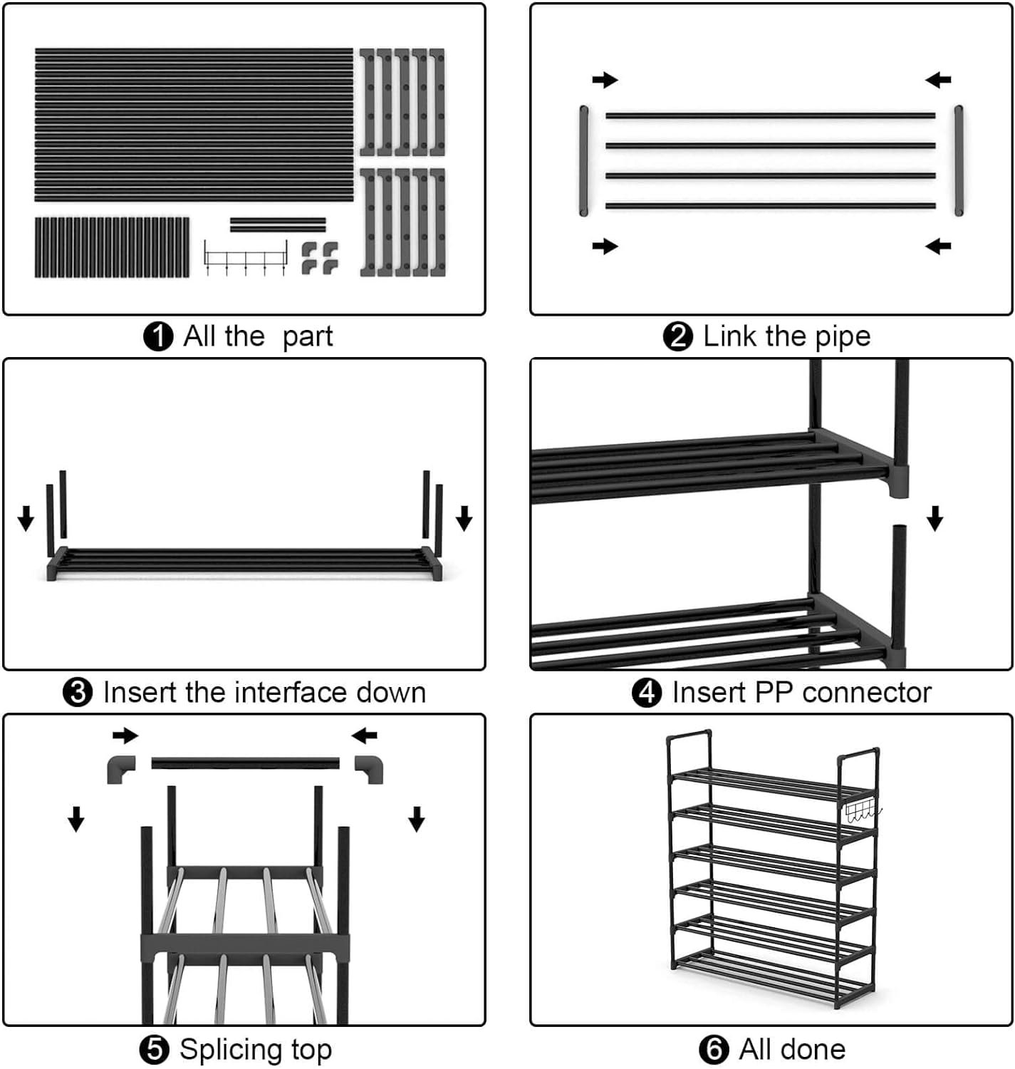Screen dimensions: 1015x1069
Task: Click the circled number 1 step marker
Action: (157, 336)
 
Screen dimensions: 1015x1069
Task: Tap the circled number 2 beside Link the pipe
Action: (678, 336)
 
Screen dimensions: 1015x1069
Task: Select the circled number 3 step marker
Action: (78, 693)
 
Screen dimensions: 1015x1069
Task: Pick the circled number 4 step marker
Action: (647, 693)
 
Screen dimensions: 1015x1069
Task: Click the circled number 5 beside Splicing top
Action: (155, 1050)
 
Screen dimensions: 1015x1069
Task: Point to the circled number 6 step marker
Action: (714, 1050)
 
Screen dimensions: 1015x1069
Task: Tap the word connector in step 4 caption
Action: (867, 692)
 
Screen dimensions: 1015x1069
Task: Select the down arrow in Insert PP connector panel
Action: (935, 518)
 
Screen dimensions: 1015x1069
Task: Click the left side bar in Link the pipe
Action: (584, 161)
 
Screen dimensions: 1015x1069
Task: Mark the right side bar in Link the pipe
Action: (959, 161)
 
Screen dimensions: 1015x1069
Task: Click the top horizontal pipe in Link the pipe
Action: (771, 116)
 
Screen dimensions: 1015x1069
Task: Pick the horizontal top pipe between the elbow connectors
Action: (245, 763)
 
